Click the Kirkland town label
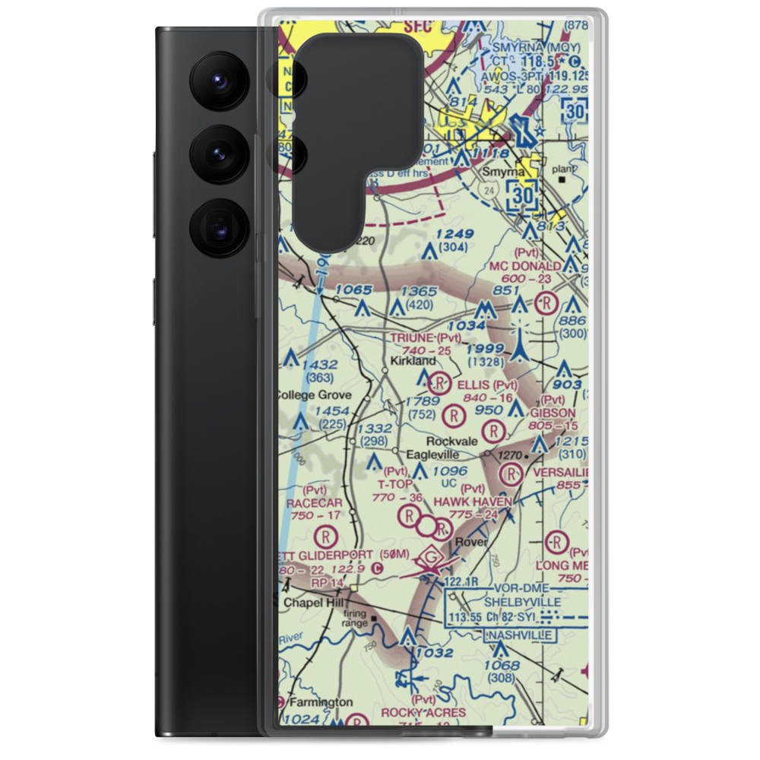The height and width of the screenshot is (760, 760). [x=413, y=361]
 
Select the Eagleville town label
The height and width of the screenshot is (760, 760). [x=432, y=454]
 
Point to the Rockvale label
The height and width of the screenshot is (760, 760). [x=452, y=441]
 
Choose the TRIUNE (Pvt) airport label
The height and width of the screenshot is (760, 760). [x=426, y=337]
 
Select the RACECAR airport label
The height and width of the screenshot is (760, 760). [x=315, y=502]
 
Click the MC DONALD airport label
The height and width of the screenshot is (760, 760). [x=525, y=266]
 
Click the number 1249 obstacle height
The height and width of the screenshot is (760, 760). [x=455, y=234]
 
